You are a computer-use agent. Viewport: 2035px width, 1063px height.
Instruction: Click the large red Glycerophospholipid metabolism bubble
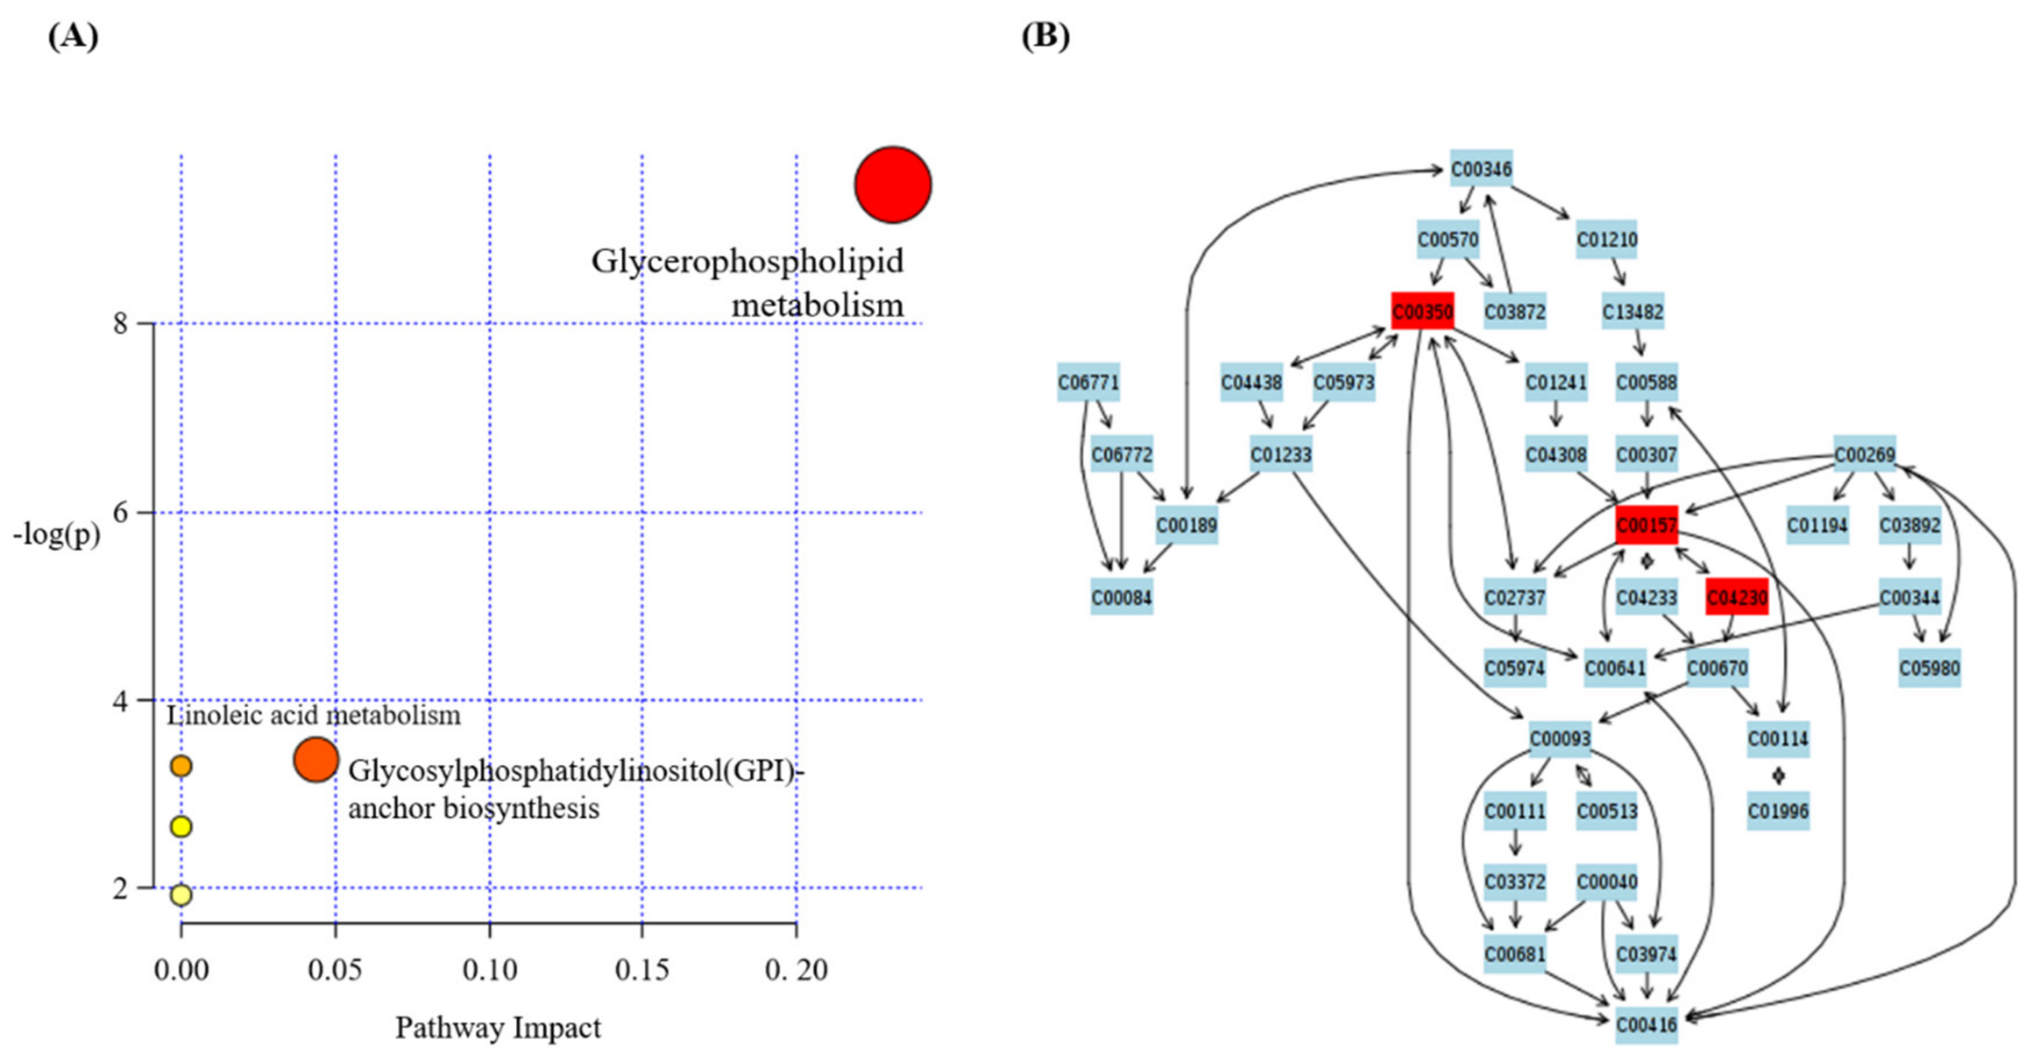892,184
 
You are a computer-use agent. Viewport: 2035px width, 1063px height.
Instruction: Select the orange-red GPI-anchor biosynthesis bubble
316,760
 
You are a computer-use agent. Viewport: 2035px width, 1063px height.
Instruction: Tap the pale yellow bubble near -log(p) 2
181,895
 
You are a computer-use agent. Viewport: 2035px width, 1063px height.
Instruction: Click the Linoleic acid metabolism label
313,715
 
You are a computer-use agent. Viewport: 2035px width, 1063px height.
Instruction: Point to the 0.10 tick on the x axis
490,970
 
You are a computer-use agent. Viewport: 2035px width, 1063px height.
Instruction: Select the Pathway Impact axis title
498,1028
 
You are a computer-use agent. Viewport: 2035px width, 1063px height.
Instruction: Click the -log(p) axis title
56,535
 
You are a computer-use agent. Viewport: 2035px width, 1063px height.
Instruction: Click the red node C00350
1422,311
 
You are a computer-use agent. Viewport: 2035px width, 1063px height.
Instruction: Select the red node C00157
1646,525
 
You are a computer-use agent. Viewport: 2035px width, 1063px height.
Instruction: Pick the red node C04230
1736,598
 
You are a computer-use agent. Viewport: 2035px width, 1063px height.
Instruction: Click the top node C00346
1481,169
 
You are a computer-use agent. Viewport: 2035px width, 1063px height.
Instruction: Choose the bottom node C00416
1646,1025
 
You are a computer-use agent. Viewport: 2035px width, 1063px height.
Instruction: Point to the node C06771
1088,383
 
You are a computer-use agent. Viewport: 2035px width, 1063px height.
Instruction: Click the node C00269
1864,454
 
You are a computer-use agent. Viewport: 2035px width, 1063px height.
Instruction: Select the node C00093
1559,739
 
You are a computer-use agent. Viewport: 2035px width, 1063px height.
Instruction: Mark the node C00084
1121,598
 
